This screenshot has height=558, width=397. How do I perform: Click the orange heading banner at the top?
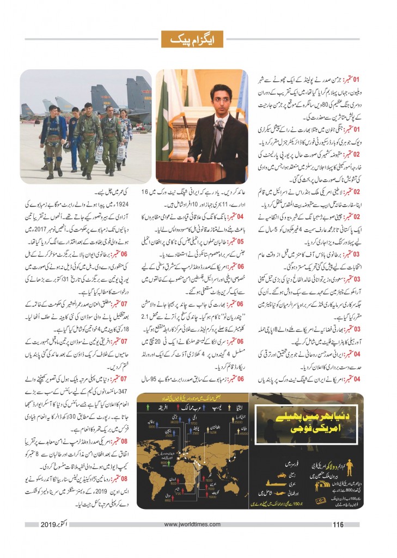(x=198, y=39)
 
